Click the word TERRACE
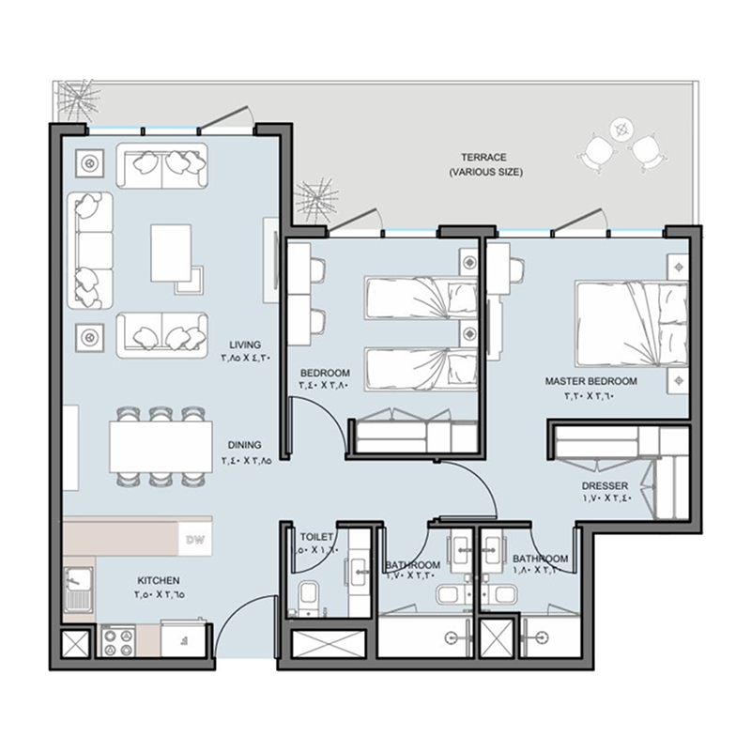[483, 158]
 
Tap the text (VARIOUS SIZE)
[484, 173]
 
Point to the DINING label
[244, 445]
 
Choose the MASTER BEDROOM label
[590, 381]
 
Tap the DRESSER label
[605, 484]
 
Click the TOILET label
[316, 537]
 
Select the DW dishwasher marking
[195, 540]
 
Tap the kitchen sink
[77, 588]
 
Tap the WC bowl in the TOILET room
[306, 596]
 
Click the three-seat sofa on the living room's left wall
[90, 249]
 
